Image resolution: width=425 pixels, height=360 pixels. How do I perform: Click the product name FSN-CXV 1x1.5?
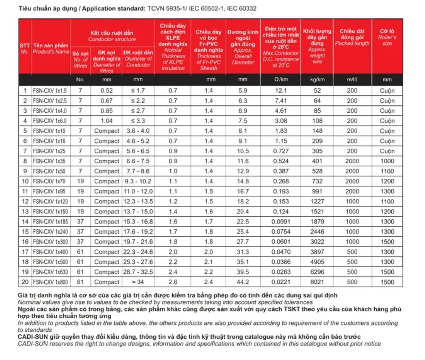(x=50, y=91)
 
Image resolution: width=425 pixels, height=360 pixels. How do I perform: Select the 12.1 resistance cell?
(x=281, y=91)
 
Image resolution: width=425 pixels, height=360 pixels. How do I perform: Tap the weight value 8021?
(x=317, y=282)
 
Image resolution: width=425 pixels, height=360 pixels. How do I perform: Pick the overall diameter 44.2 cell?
(x=243, y=282)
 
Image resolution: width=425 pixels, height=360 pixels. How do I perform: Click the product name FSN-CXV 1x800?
(x=50, y=282)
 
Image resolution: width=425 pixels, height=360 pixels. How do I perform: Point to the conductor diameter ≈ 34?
(x=138, y=282)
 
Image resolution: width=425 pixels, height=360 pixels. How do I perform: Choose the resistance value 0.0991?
(x=281, y=222)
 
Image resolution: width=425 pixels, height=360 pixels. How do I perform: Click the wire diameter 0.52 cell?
(x=106, y=91)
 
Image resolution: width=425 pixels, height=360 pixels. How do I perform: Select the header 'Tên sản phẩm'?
(x=51, y=45)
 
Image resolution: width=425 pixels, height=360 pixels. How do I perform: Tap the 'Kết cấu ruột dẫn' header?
(x=112, y=33)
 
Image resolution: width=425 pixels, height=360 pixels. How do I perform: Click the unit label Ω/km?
(x=281, y=80)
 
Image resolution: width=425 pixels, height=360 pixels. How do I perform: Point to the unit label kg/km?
(x=317, y=80)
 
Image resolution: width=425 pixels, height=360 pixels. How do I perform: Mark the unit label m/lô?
(x=352, y=80)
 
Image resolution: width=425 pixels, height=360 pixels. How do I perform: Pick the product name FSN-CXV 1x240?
(x=50, y=232)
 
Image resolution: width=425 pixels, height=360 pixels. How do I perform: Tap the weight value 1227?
(x=317, y=201)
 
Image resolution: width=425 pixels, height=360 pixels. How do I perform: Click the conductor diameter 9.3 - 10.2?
(x=138, y=181)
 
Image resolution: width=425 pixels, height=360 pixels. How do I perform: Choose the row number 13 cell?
(x=25, y=212)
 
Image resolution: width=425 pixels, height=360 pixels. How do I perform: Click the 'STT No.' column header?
(x=24, y=48)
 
